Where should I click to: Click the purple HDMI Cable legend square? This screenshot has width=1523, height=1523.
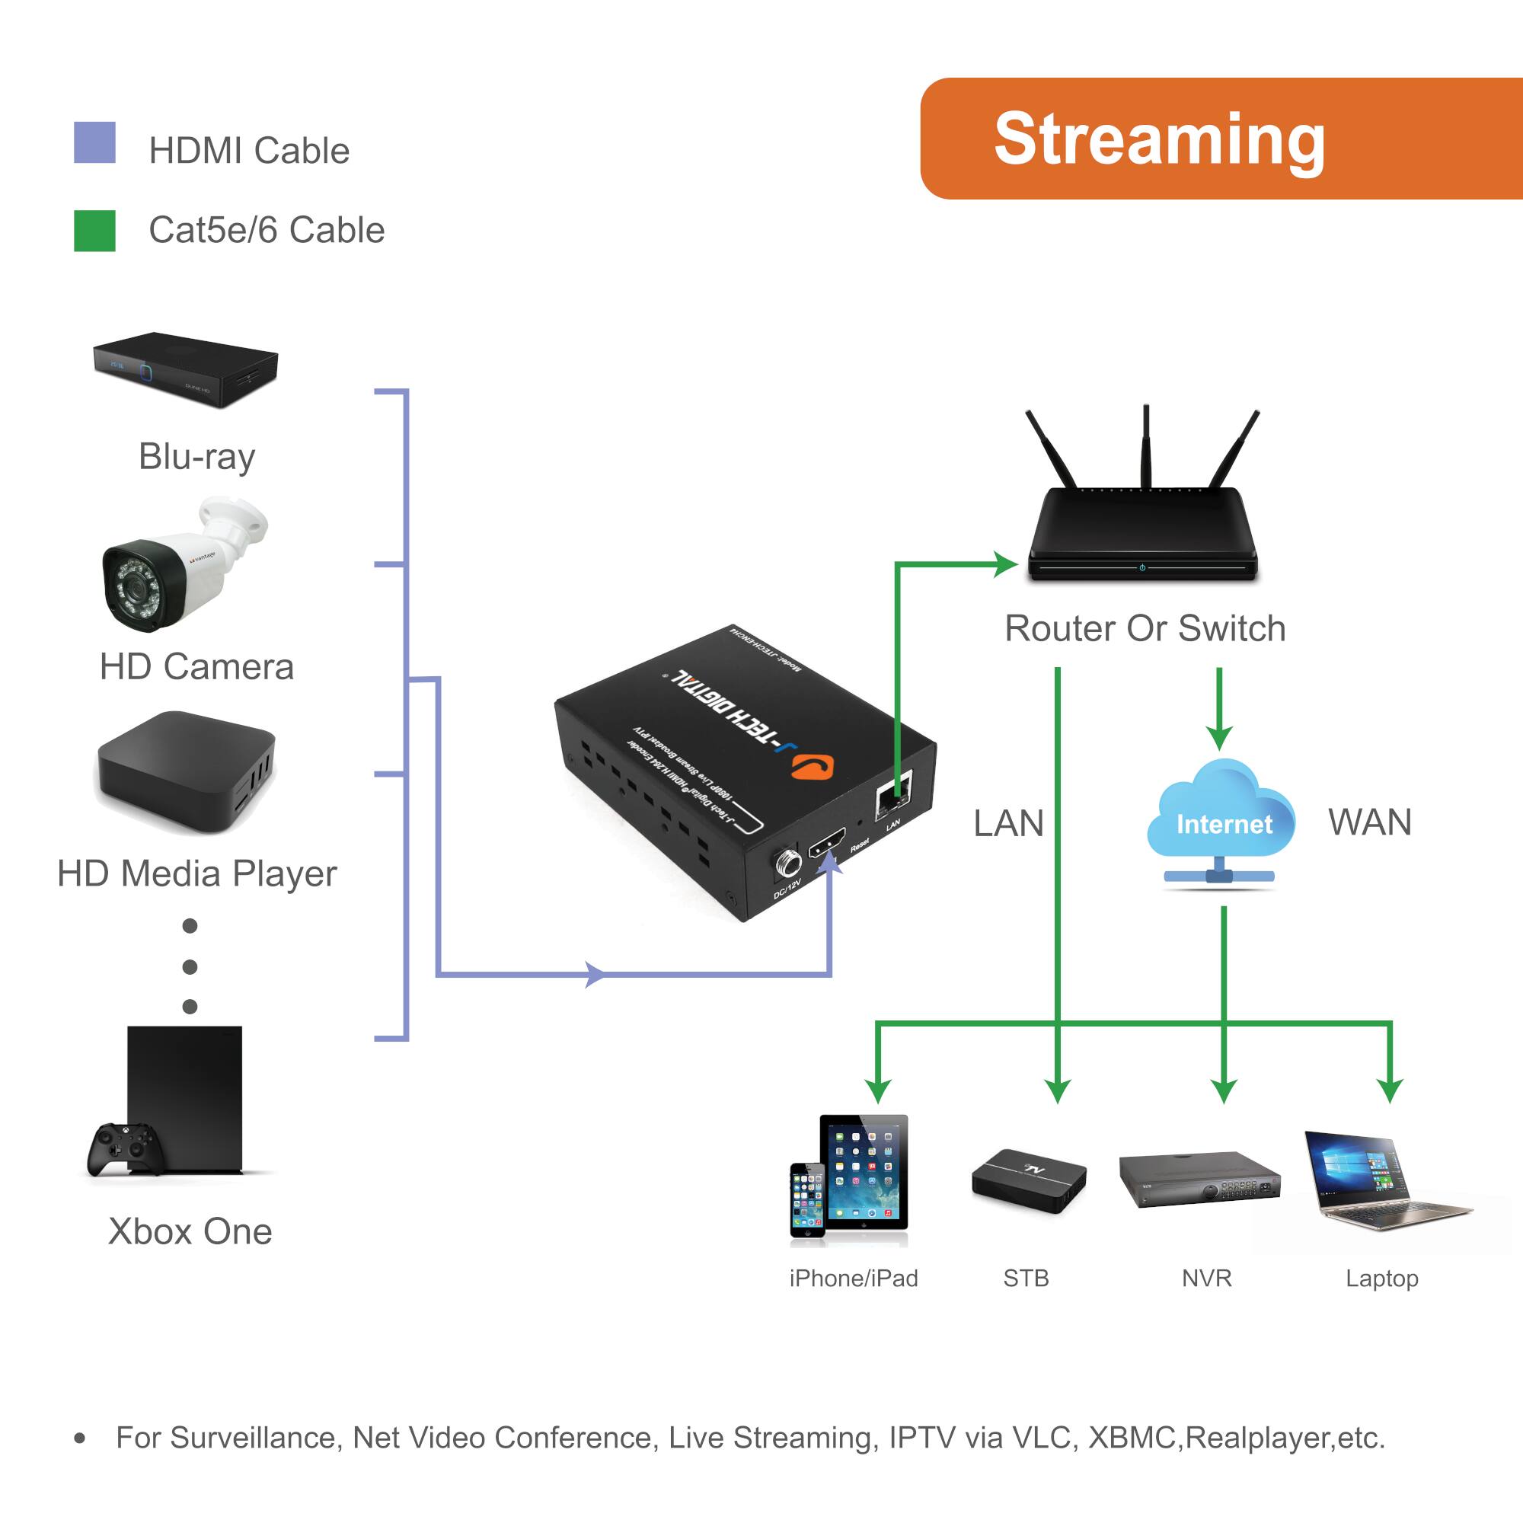point(94,142)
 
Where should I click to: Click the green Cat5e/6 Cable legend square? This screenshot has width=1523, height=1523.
point(94,231)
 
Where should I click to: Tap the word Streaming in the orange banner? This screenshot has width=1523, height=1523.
point(1159,139)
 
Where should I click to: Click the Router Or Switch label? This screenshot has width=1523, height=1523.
point(1145,629)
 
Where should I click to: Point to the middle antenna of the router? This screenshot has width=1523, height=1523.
point(1145,445)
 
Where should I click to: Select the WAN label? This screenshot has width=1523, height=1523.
point(1370,823)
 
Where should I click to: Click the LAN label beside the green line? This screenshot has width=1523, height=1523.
point(1008,824)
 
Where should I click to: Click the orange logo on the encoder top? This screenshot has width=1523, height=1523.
point(813,765)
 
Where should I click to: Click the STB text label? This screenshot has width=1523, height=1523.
point(1026,1278)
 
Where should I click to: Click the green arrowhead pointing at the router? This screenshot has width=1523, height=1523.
point(1006,564)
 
